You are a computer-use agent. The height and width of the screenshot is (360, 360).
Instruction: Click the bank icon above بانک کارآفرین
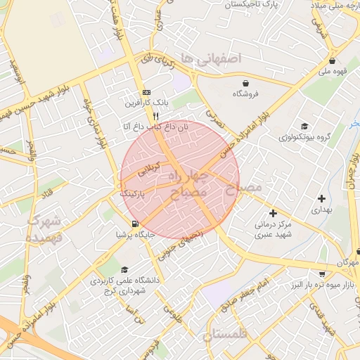[x=146, y=92]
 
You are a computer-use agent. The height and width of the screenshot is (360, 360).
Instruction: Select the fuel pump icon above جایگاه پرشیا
[x=125, y=223]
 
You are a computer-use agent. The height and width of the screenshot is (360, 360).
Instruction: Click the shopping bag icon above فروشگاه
[x=245, y=82]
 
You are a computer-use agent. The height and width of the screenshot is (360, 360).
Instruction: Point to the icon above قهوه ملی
[x=331, y=60]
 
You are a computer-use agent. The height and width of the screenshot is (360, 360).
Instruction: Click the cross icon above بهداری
[x=321, y=198]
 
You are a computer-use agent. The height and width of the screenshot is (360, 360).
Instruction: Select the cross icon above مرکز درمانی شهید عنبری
[x=273, y=212]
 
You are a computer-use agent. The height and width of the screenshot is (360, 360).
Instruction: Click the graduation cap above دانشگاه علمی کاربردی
[x=124, y=269]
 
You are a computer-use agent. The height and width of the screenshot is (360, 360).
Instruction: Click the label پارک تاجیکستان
[x=252, y=5]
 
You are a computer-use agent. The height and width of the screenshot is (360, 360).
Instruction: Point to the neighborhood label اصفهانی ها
[x=210, y=57]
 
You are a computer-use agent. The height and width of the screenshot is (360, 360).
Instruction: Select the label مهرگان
[x=347, y=262]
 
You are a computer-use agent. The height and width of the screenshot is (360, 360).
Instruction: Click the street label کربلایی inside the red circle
[x=153, y=169]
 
